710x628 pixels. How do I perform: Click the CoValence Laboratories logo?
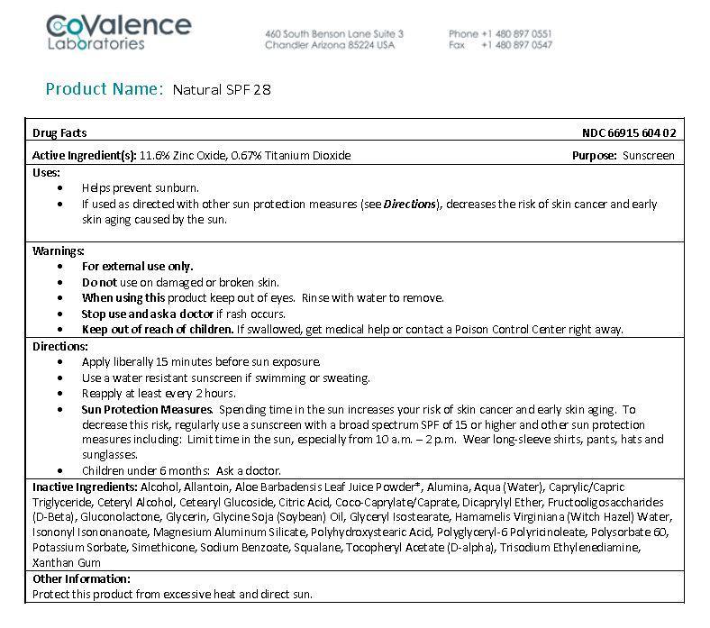tap(119, 32)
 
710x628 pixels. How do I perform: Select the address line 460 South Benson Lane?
tap(333, 33)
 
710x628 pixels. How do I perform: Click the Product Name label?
tap(105, 88)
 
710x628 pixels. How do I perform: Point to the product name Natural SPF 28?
tap(222, 89)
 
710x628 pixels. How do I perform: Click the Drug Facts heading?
tap(59, 132)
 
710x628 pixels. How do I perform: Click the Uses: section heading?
tap(47, 172)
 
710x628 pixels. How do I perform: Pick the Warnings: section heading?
tap(59, 250)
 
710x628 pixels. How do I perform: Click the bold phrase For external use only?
tap(137, 266)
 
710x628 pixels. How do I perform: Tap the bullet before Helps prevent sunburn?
tap(60, 188)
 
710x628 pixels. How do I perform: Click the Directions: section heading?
tap(60, 346)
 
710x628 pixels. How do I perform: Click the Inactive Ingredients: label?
tap(84, 487)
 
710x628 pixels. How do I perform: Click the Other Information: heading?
tap(81, 578)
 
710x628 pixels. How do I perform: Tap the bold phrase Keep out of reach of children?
tap(158, 329)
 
